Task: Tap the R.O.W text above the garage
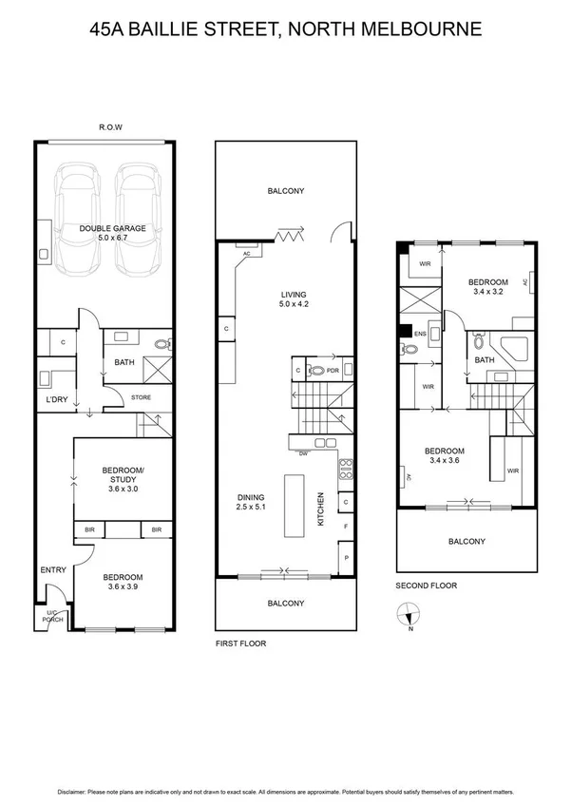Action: [112, 127]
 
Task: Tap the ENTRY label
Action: [52, 570]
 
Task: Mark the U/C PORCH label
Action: [53, 617]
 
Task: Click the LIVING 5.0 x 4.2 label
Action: [294, 298]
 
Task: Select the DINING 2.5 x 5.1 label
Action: [252, 503]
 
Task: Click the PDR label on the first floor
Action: [333, 371]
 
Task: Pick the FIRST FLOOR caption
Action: [239, 644]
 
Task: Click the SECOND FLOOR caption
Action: [426, 586]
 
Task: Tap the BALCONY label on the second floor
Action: [466, 542]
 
